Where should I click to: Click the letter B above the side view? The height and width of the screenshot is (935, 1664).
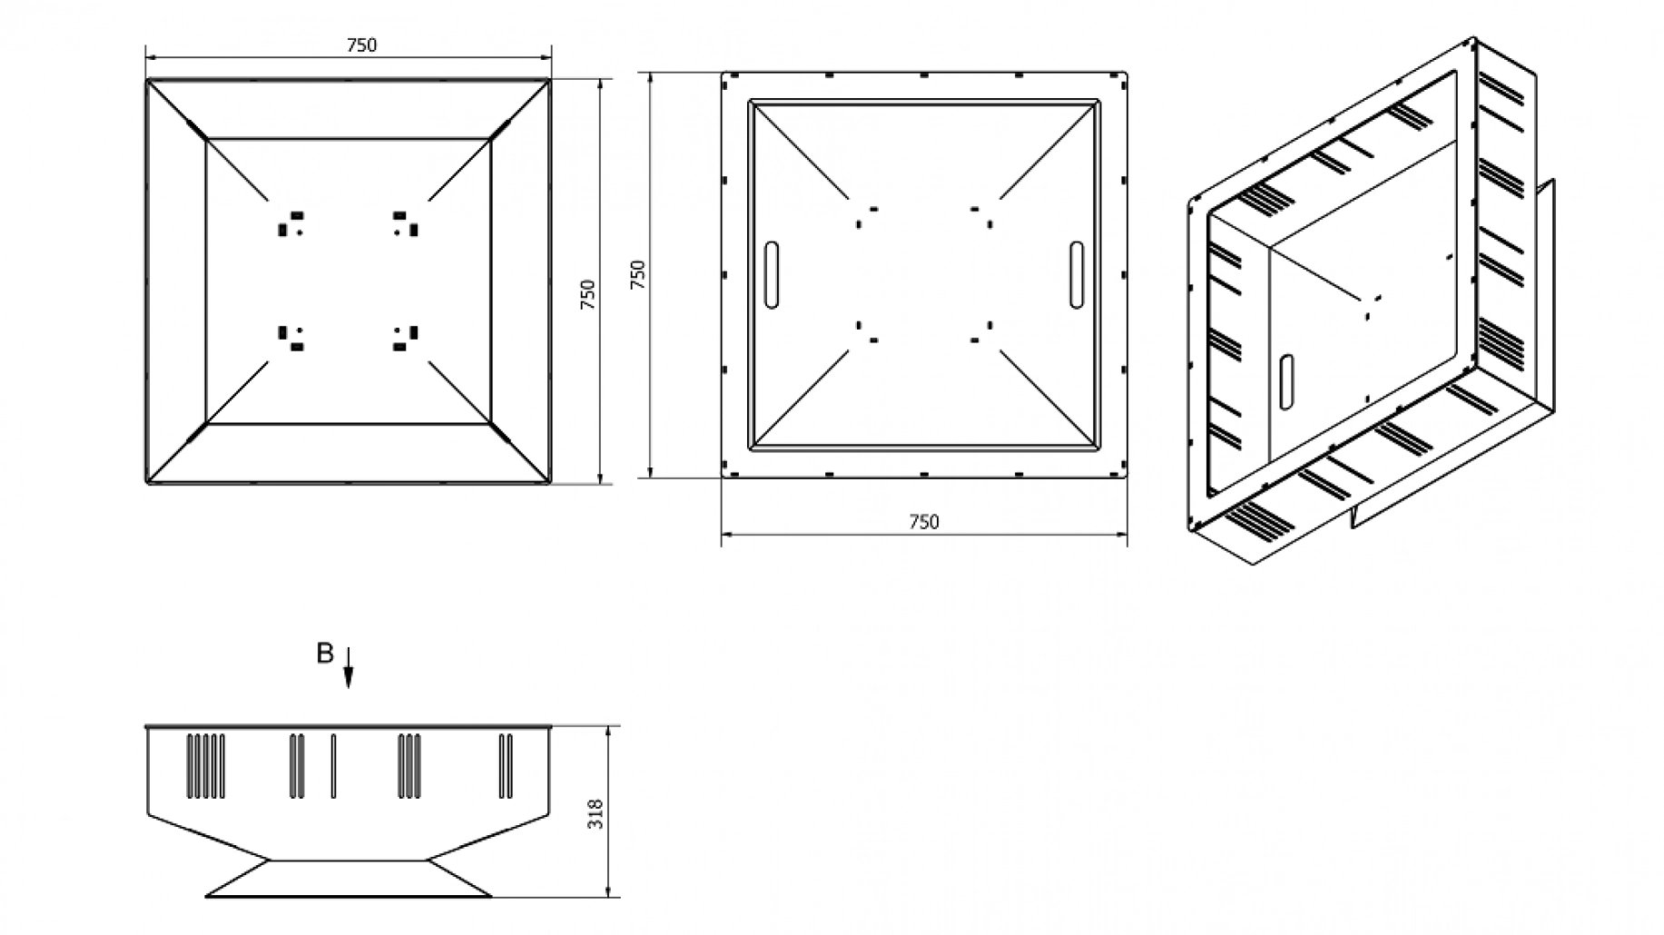click(324, 654)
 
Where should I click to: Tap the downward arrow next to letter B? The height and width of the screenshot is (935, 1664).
click(349, 667)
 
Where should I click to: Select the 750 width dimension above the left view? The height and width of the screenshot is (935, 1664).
click(361, 45)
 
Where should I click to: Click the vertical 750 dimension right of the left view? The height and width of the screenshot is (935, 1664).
click(587, 294)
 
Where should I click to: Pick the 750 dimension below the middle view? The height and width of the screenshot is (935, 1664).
click(923, 522)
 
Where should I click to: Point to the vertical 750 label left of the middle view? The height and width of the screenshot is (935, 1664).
click(637, 274)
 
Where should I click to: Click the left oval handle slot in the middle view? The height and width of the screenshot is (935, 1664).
click(772, 275)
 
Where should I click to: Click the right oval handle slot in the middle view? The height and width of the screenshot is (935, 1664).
click(1077, 275)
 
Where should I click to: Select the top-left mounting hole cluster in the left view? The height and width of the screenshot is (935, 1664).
click(290, 223)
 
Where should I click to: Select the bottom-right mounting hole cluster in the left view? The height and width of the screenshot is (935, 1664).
click(406, 339)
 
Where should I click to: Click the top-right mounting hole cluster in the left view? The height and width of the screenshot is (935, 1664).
click(406, 223)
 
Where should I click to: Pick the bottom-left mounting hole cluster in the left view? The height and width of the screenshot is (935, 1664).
click(290, 339)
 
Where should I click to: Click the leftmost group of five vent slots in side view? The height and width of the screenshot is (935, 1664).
click(205, 766)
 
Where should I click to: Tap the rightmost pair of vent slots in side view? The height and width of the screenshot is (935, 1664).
click(505, 766)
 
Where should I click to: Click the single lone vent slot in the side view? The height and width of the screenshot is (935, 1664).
click(333, 766)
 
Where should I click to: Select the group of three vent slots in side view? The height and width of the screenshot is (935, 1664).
click(409, 766)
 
